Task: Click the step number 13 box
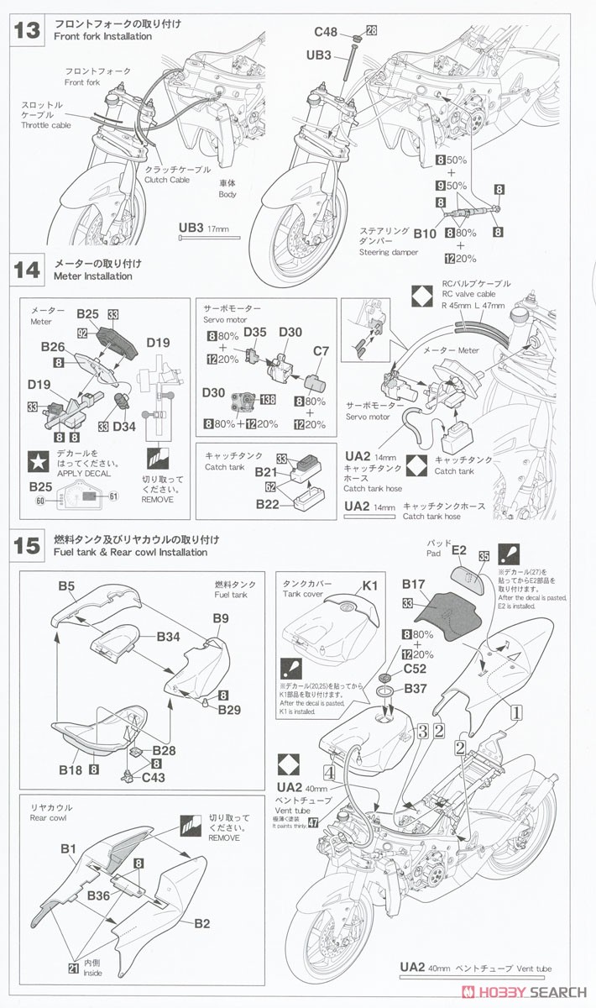[x=27, y=30]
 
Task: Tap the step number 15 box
[x=27, y=546]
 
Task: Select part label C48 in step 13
[x=326, y=32]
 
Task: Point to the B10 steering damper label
[x=425, y=234]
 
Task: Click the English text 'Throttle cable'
[x=46, y=125]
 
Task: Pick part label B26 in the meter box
[x=53, y=345]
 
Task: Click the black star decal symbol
[x=37, y=459]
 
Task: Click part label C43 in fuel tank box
[x=154, y=777]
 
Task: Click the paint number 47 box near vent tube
[x=313, y=822]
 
